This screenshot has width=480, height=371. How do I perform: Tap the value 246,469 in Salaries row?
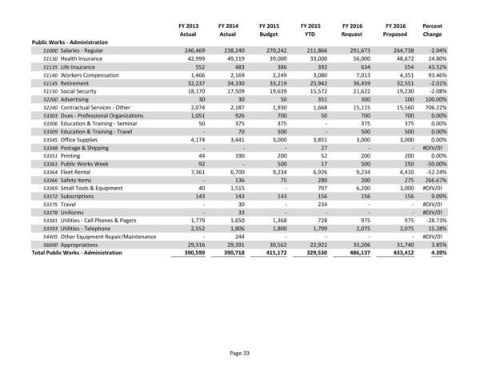pyautogui.click(x=184, y=50)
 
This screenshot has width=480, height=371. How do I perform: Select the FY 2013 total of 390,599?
pyautogui.click(x=184, y=253)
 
